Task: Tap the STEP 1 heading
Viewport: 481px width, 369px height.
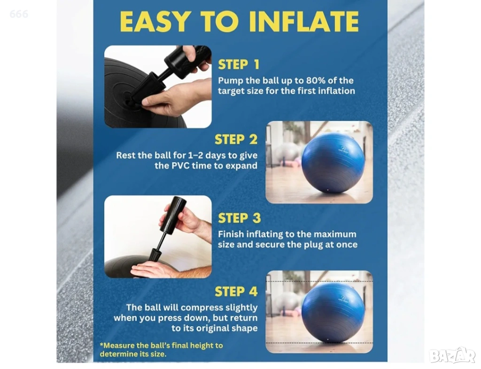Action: pos(239,65)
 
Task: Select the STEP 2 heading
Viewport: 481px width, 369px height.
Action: pos(236,139)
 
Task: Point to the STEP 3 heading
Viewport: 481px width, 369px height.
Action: pos(239,218)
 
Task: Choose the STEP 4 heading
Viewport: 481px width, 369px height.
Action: pos(236,292)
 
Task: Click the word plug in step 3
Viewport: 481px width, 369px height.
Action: pos(314,245)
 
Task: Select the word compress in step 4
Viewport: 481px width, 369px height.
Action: pos(204,307)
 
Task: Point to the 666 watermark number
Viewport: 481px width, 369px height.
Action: pos(19,14)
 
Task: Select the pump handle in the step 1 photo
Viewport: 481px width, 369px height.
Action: pos(188,58)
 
